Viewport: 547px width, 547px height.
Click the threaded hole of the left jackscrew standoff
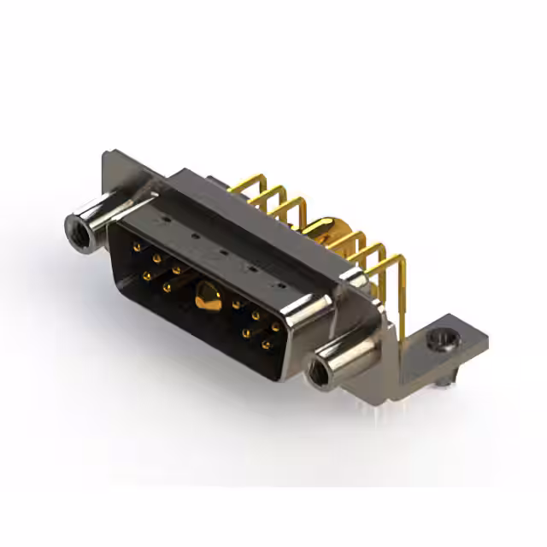75,227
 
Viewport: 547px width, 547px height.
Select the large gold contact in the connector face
205,296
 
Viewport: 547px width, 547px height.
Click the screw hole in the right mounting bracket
441,341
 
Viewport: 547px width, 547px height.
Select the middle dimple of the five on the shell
221,251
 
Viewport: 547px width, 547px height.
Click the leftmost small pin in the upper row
137,247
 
